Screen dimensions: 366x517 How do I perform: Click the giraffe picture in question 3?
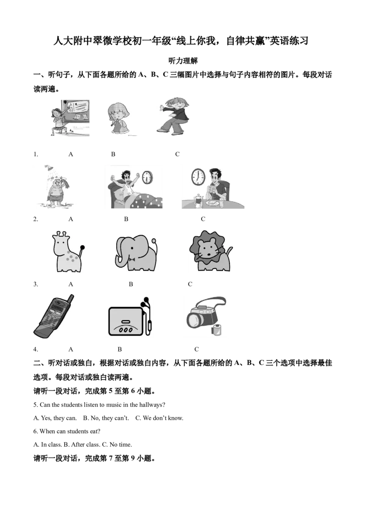68,252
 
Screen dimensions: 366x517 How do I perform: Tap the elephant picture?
136,253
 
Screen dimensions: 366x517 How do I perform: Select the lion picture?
210,251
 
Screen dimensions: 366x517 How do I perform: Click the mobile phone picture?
54,316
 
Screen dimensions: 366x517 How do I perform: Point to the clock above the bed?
147,177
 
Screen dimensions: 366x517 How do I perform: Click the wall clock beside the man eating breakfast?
198,177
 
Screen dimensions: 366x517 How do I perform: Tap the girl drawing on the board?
70,118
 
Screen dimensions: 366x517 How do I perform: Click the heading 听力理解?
183,61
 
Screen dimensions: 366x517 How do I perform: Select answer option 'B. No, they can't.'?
106,418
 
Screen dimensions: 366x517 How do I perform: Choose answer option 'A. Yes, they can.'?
55,418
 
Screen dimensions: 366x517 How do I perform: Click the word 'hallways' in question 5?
151,405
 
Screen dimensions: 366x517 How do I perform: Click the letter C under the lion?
190,284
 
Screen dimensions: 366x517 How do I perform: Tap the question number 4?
35,349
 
